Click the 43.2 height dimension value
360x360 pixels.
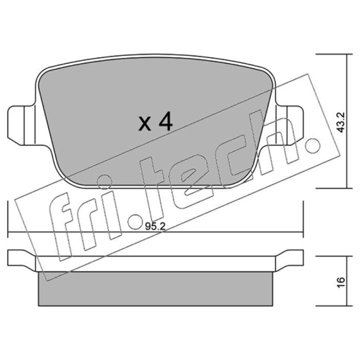341,122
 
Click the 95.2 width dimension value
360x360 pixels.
155,227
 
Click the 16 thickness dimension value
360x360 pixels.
341,282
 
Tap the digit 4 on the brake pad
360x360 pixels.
165,121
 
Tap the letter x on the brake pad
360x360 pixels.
145,124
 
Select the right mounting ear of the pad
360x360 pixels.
290,126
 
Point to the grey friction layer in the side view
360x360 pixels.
156,288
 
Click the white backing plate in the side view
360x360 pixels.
156,264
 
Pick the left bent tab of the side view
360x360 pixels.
22,261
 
